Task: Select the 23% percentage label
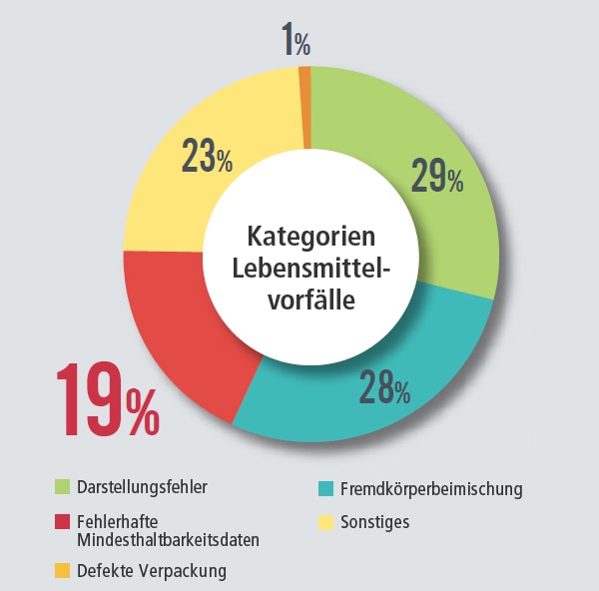pos(207,157)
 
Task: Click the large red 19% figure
pos(106,400)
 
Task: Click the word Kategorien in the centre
pos(310,239)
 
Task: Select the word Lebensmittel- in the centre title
pos(310,269)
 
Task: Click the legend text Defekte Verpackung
pos(151,571)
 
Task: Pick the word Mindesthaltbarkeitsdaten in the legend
pos(168,540)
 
